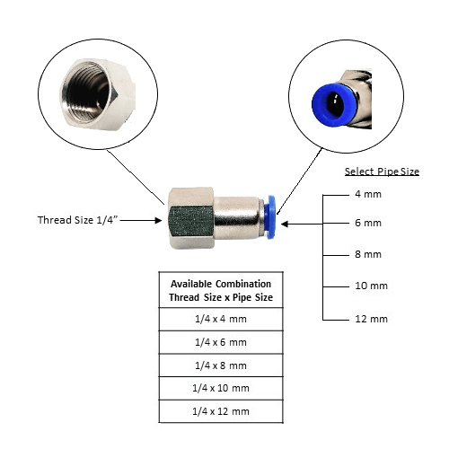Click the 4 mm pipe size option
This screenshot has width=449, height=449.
tap(368, 194)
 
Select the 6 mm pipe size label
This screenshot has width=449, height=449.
tap(368, 223)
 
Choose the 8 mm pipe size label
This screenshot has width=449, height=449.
tap(368, 254)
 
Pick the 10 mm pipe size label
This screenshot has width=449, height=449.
tap(371, 286)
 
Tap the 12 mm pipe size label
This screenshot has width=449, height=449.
tap(371, 319)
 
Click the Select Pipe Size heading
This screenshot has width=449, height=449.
tap(382, 172)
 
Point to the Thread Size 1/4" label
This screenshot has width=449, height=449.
tap(77, 220)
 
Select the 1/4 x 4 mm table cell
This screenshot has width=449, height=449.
tap(221, 319)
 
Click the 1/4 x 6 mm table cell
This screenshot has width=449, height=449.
tap(221, 342)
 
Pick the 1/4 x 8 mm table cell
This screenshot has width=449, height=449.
tap(221, 365)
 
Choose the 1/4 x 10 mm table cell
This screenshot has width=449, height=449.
tap(221, 388)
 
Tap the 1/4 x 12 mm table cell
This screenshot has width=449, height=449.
tap(221, 411)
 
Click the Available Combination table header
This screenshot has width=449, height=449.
tap(221, 290)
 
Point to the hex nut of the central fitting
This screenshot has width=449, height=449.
tap(190, 217)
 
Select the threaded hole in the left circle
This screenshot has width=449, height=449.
tap(88, 95)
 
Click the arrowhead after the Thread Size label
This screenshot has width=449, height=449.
tap(158, 221)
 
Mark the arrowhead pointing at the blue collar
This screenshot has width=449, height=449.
tap(286, 224)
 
